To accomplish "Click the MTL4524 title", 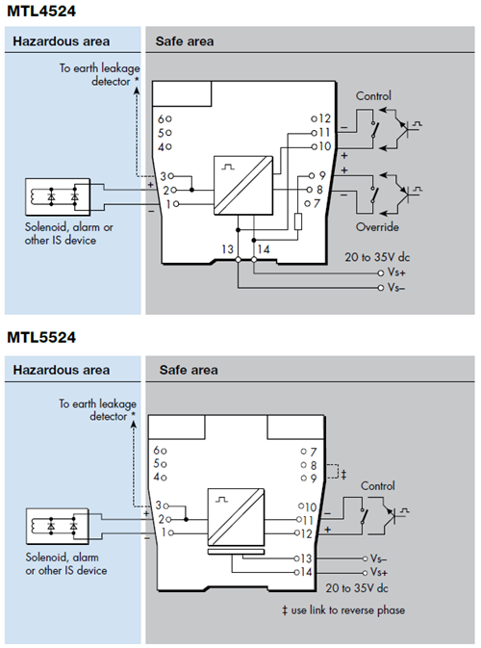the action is click(x=41, y=12).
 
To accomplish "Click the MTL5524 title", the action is click(x=41, y=337).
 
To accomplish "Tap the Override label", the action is click(x=377, y=227).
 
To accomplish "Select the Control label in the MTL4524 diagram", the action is click(x=373, y=96).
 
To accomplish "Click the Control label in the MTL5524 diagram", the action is click(x=378, y=485).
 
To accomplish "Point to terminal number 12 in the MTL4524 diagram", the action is click(x=324, y=118).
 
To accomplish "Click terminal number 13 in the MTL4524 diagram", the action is click(x=227, y=249).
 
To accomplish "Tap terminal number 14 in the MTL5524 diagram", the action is click(x=306, y=572).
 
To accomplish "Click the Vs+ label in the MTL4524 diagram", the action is click(x=396, y=272).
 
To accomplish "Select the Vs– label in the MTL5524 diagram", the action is click(x=378, y=558).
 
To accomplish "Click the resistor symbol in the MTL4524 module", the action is click(x=297, y=221).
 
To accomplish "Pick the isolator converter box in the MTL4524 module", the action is click(x=243, y=185).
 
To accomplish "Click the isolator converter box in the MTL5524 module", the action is click(x=236, y=517).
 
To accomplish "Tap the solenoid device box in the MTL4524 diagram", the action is click(x=58, y=196).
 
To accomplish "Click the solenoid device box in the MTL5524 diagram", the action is click(x=58, y=526).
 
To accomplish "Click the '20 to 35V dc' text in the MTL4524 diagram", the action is click(x=377, y=257).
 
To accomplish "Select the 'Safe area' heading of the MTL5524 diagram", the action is click(x=189, y=370).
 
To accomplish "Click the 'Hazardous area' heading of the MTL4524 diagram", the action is click(x=62, y=41).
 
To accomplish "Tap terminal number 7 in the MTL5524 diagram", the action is click(x=314, y=452).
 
